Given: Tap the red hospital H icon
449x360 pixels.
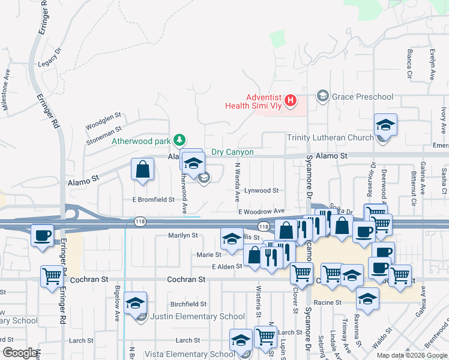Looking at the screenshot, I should (291, 100).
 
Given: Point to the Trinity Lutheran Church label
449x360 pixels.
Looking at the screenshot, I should (330, 137).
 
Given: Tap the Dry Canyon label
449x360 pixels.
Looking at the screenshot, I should (232, 152).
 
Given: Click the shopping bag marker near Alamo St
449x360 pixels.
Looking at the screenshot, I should (143, 170).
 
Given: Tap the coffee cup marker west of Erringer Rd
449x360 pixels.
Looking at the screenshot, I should (42, 236).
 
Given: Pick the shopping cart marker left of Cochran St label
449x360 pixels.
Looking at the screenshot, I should (52, 277).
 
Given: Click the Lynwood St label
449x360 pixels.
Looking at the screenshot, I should (261, 191).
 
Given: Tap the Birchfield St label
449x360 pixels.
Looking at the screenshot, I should (188, 305).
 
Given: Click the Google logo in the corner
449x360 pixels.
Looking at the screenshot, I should (20, 353).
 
